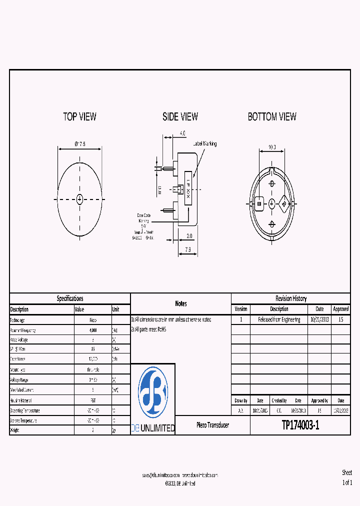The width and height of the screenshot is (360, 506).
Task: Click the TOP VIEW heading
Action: tap(79, 116)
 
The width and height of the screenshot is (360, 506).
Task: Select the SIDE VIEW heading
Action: tap(180, 116)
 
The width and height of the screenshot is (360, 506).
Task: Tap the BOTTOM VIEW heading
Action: tap(272, 116)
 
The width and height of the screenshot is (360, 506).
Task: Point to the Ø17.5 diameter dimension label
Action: tap(80, 144)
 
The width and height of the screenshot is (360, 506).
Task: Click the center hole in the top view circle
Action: tap(79, 199)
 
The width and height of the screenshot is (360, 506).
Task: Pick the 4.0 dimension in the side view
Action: tap(182, 133)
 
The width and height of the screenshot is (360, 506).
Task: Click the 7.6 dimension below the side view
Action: tap(187, 249)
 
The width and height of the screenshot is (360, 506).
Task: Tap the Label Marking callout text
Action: tap(205, 144)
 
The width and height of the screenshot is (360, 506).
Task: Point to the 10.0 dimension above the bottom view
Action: tap(272, 147)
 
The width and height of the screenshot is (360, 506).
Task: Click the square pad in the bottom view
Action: tap(259, 203)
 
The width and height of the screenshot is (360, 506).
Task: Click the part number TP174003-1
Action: tap(300, 425)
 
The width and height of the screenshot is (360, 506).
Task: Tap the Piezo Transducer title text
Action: tap(212, 425)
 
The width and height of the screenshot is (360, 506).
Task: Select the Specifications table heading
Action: tap(70, 298)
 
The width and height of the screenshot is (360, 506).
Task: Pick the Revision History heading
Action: tap(290, 298)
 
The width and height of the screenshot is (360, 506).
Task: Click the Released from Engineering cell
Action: tap(279, 319)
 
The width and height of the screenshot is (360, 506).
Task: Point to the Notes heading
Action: tap(180, 303)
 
